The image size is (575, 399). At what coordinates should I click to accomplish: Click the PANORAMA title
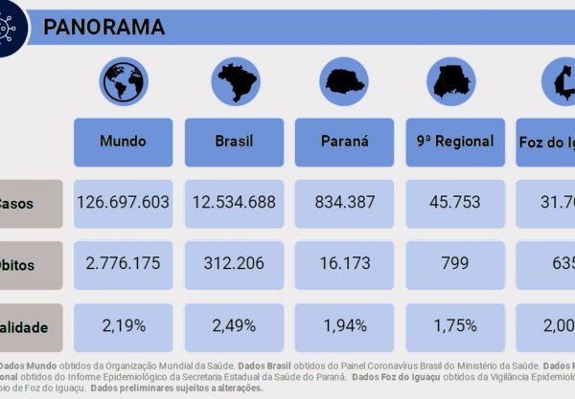click(103, 27)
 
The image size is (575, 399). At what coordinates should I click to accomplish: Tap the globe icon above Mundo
click(124, 81)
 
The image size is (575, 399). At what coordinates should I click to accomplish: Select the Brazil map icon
click(234, 81)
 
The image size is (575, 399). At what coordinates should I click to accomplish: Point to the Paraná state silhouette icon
click(344, 81)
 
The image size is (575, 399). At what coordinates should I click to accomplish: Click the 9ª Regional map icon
click(454, 81)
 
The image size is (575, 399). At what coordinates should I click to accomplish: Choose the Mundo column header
click(124, 142)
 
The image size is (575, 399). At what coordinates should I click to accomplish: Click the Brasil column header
click(234, 142)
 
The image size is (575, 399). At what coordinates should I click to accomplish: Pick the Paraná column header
click(344, 142)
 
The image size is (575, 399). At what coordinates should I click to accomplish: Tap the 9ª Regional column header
click(454, 142)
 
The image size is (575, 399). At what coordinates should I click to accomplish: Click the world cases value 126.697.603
click(124, 203)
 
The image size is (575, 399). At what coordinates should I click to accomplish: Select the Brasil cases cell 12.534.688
click(234, 203)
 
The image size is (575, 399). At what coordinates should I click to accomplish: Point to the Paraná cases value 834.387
click(344, 203)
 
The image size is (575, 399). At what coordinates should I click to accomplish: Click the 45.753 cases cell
click(454, 203)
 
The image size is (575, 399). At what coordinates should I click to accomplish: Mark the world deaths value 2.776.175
click(124, 264)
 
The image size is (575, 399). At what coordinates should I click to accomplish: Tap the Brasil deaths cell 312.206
click(234, 264)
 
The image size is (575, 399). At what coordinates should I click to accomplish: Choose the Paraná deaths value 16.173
click(344, 264)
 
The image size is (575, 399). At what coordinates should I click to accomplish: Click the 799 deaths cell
click(454, 264)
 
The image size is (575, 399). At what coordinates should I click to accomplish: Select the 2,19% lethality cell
click(124, 325)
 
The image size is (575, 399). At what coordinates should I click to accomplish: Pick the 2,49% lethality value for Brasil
click(234, 325)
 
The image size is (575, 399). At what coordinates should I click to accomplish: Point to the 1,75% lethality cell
click(454, 325)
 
